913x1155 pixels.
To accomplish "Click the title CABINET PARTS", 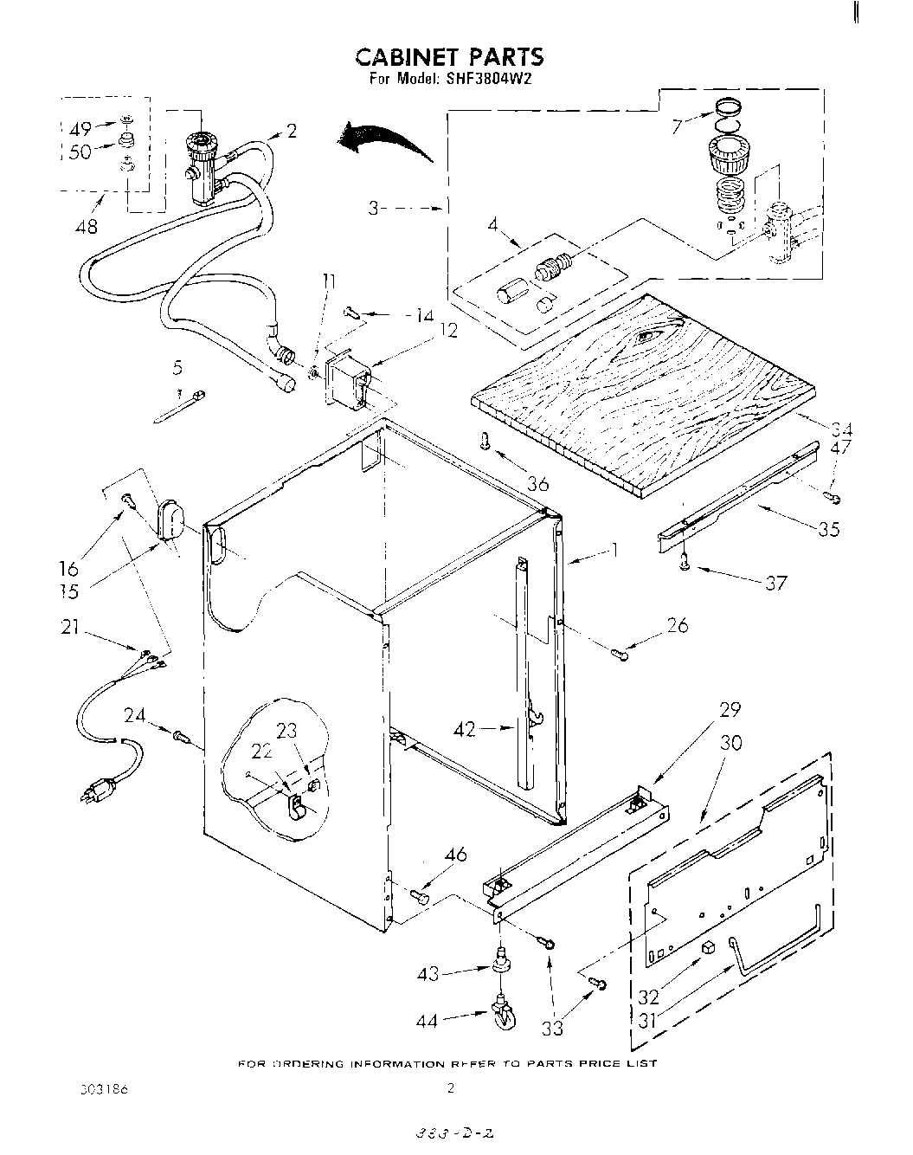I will click(450, 57).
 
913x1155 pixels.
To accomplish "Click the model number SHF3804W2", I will click(487, 80).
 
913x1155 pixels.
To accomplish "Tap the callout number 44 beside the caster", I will click(428, 1021).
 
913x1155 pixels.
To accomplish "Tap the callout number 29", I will click(730, 709).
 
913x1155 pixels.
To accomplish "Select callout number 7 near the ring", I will click(678, 126).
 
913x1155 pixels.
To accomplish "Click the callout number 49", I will click(80, 130).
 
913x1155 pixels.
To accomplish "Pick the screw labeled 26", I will click(621, 653).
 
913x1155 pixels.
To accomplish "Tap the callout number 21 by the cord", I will click(71, 628).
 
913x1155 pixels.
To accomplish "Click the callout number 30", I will click(730, 743).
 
